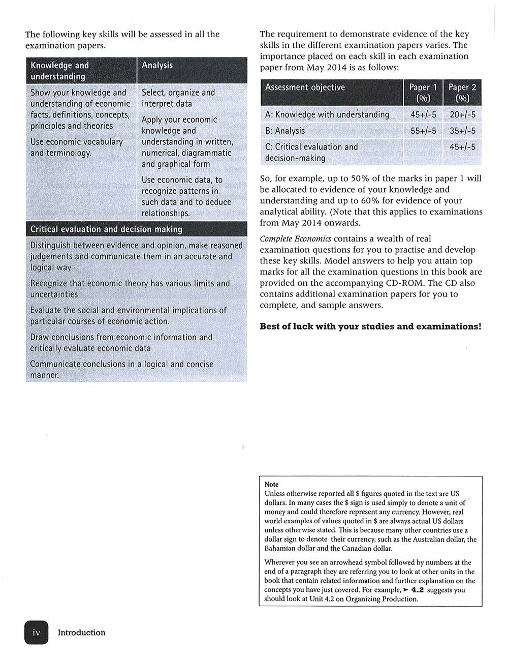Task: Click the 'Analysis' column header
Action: coord(157,65)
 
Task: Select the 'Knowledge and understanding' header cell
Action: coord(59,71)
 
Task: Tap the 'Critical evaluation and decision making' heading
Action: coord(106,229)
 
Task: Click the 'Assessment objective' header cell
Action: coord(305,87)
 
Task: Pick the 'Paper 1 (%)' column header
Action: coord(423,93)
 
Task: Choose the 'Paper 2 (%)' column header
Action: coord(462,93)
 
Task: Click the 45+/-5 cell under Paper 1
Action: coord(423,115)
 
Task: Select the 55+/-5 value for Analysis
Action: coord(423,131)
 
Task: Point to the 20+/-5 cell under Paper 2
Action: coord(462,115)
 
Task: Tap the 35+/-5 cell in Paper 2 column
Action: coord(462,131)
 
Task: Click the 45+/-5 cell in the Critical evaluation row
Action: coord(462,147)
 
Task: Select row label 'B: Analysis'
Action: coord(285,131)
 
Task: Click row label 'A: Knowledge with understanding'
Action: coord(327,115)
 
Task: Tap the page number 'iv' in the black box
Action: coord(36,633)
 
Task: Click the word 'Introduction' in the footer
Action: coord(81,633)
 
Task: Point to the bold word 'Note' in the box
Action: coord(271,485)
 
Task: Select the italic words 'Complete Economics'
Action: coord(295,238)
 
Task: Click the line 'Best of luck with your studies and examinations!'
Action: coord(370,326)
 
